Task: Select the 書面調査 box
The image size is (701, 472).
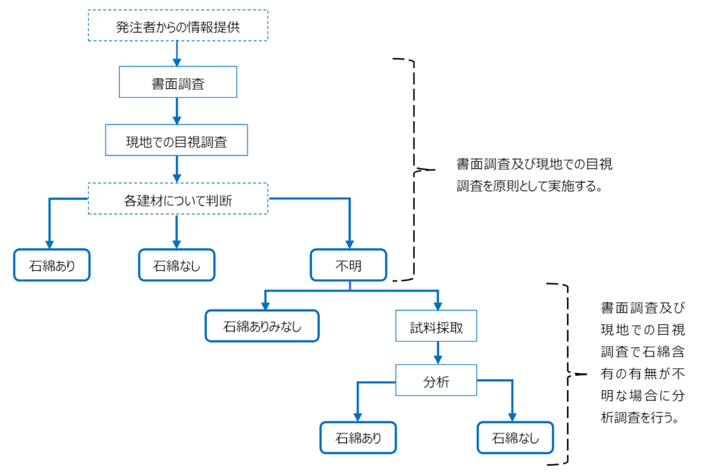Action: [178, 82]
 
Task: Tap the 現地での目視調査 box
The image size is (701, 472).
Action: [176, 140]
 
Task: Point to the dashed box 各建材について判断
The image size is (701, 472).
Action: [178, 198]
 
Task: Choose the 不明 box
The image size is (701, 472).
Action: [349, 265]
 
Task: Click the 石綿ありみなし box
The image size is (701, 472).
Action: [262, 326]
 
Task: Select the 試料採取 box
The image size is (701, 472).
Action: [436, 326]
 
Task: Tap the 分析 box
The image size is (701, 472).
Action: [436, 381]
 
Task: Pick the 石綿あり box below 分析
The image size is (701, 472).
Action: [358, 438]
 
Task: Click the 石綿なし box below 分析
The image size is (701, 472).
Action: [516, 438]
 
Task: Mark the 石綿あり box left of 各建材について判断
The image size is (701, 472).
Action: [52, 265]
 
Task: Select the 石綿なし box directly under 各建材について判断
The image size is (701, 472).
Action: [176, 265]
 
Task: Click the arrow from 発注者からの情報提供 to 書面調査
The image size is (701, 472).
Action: [177, 54]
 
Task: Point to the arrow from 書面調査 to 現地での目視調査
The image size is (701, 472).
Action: [177, 112]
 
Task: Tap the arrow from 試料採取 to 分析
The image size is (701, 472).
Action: [438, 353]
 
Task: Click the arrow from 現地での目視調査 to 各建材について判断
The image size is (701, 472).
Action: [177, 169]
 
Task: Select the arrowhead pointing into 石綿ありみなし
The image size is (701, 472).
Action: [266, 306]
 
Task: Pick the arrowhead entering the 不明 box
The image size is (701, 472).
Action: [350, 245]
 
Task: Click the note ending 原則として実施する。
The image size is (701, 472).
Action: [534, 175]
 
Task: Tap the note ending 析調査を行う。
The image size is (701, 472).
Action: [643, 362]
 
